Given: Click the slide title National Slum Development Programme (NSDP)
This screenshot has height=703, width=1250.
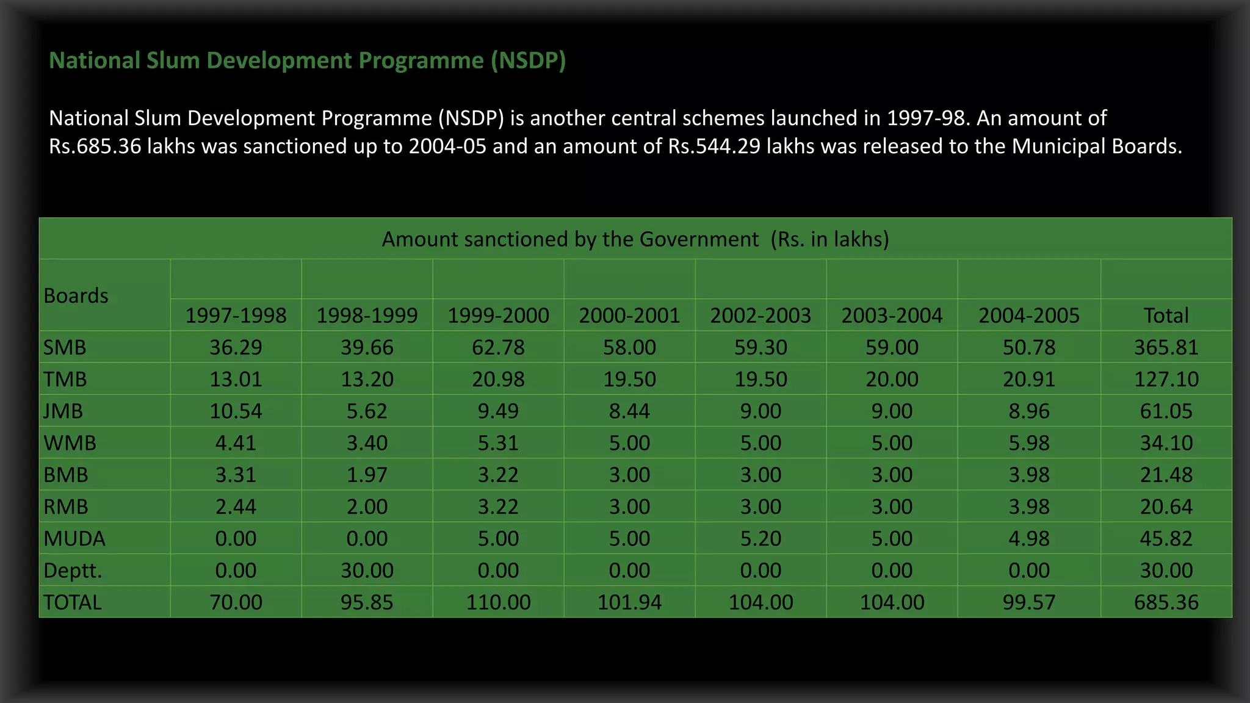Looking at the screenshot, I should click(x=307, y=60).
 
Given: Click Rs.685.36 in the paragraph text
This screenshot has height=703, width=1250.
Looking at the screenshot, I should click(x=95, y=146).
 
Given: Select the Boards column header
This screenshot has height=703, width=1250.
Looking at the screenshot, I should click(x=76, y=296).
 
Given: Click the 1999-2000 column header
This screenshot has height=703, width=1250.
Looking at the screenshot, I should click(x=498, y=315).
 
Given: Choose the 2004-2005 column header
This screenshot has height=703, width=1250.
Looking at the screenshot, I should click(x=1028, y=315).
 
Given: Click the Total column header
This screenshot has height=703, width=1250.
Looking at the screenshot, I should click(x=1166, y=315).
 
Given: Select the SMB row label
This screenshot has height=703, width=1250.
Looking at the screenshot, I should click(x=65, y=348).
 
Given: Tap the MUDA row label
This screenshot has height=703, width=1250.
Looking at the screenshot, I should click(x=74, y=539).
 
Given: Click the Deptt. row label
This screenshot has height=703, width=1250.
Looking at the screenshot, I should click(x=73, y=571).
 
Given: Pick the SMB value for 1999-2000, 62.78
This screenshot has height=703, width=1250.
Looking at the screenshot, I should click(x=498, y=348).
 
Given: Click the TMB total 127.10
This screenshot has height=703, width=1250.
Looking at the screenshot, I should click(x=1166, y=380).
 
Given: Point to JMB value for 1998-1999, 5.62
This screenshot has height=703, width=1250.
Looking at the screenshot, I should click(x=367, y=411).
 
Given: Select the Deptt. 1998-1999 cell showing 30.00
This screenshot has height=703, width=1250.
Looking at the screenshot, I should click(x=367, y=571).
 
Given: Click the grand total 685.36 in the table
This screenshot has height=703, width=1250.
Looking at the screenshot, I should click(x=1166, y=602).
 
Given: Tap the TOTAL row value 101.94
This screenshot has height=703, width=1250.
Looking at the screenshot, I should click(x=629, y=602).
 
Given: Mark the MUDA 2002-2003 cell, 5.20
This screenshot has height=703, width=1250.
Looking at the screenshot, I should click(x=760, y=539).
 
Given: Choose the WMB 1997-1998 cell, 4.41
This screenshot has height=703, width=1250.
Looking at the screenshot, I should click(x=236, y=443).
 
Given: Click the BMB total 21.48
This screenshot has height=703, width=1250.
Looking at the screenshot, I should click(x=1166, y=475).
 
